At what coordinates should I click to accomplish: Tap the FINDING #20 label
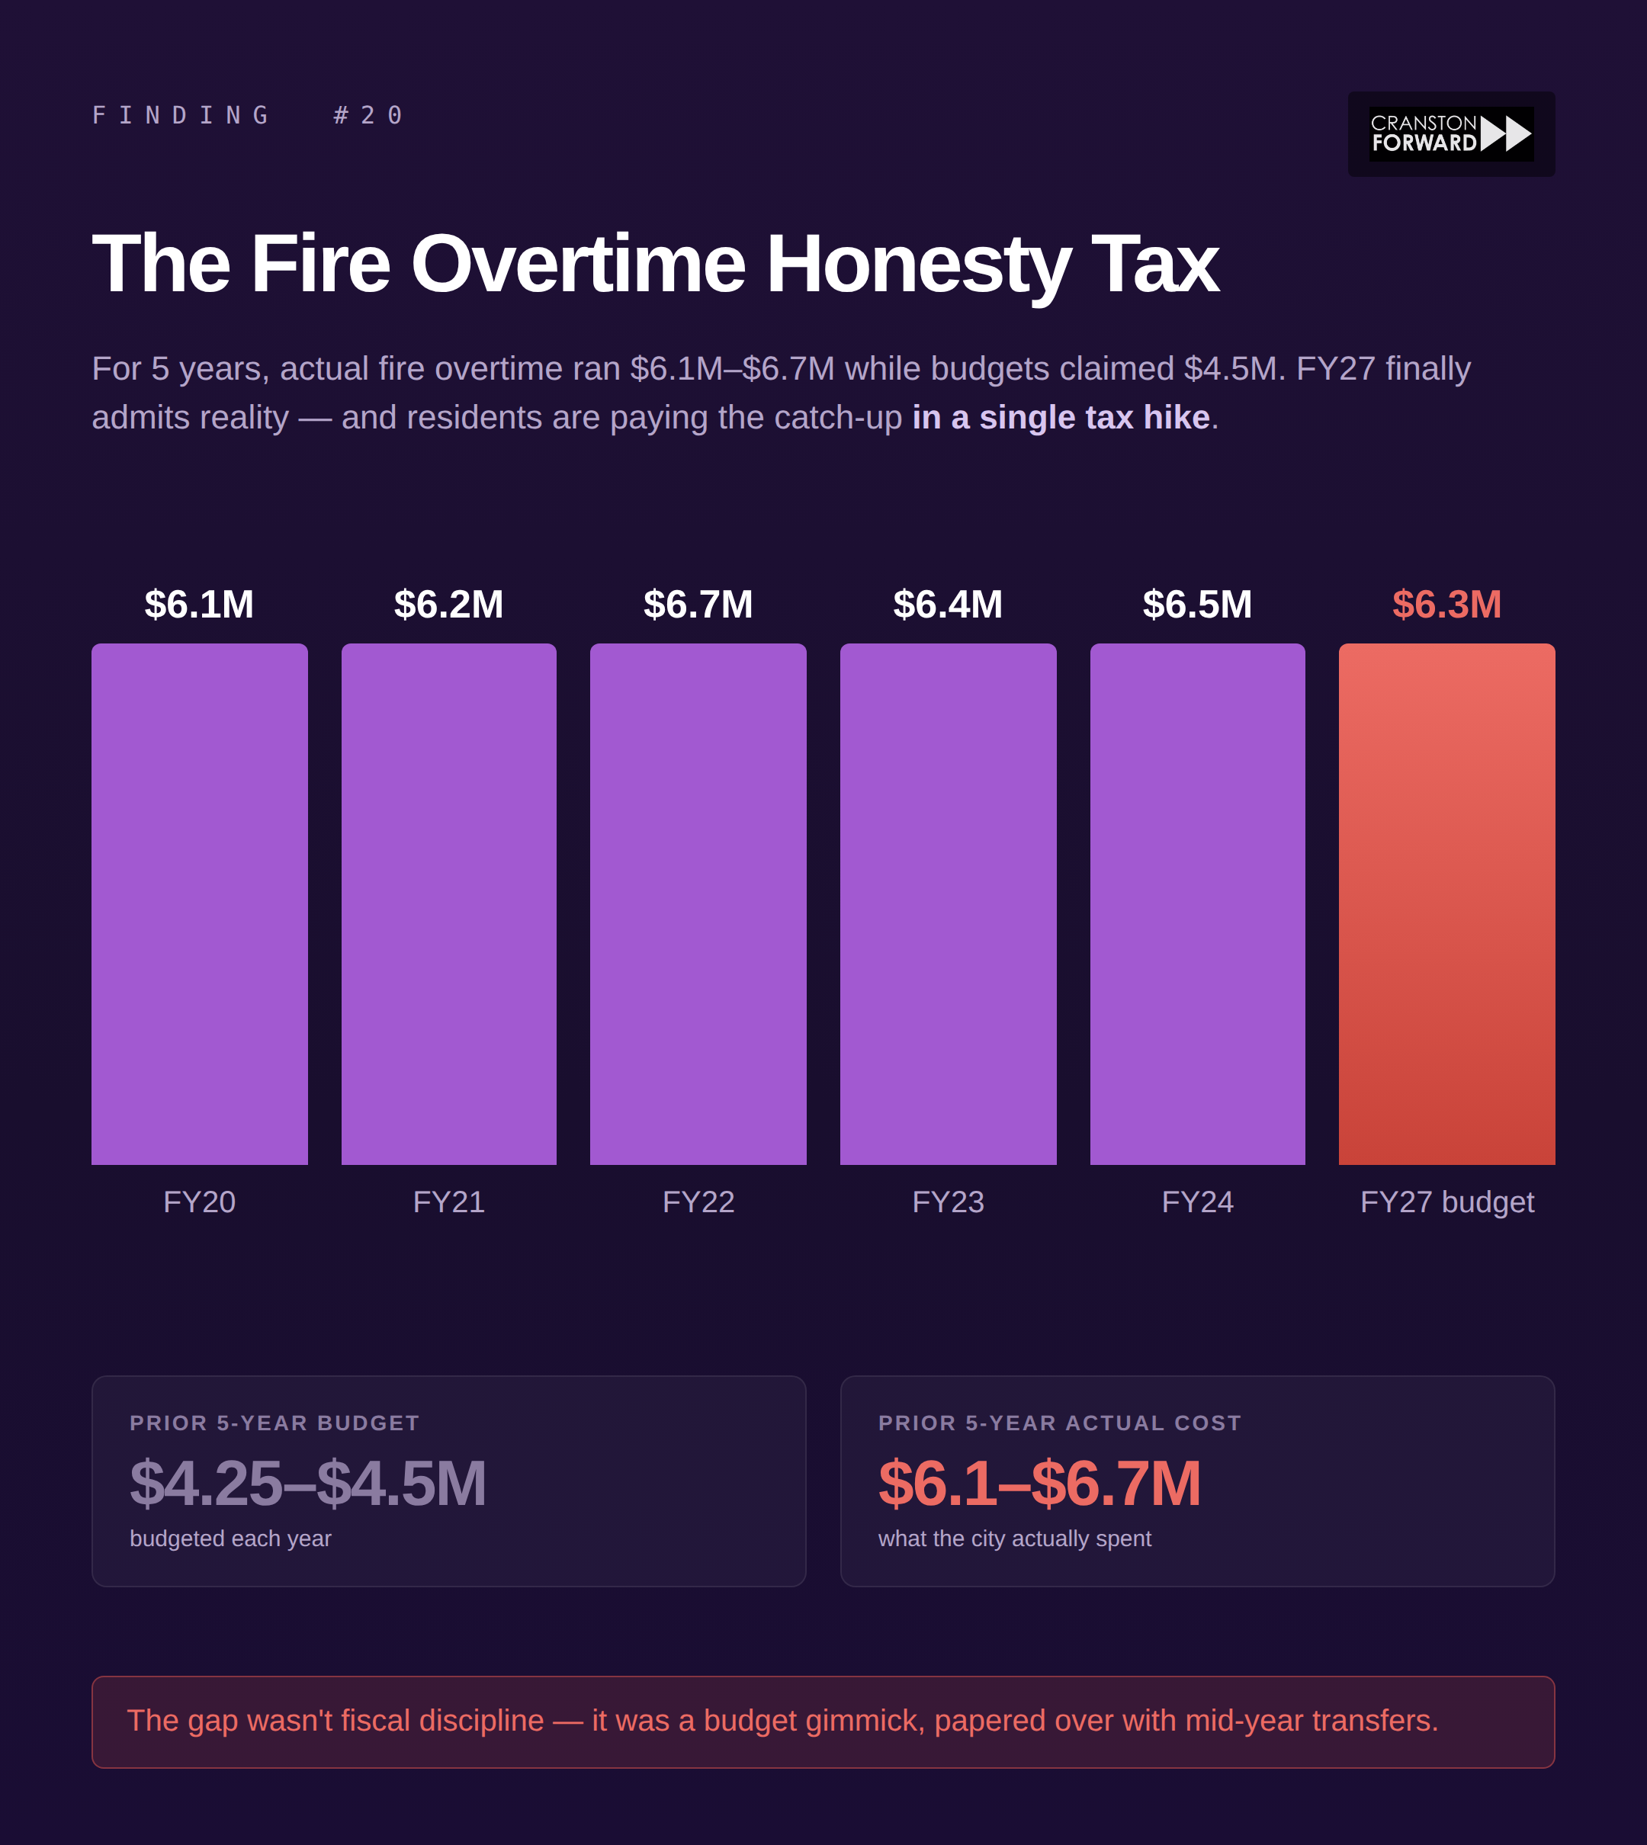click(248, 116)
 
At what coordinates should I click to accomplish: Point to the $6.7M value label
click(698, 605)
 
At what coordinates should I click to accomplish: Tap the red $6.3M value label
click(1446, 605)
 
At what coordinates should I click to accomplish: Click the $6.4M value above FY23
click(948, 605)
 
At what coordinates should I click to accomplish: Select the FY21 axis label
click(449, 1202)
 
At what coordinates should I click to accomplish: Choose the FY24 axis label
click(1197, 1202)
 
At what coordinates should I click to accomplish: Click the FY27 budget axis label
click(1446, 1202)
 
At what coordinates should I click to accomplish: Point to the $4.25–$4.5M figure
click(308, 1484)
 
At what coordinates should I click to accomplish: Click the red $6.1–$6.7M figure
click(1039, 1484)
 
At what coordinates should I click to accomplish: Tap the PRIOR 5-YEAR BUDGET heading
click(274, 1423)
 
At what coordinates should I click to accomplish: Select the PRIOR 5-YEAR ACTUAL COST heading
click(1059, 1423)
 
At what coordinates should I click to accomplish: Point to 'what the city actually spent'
click(1013, 1539)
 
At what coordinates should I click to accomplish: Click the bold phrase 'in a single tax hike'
click(1061, 418)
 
